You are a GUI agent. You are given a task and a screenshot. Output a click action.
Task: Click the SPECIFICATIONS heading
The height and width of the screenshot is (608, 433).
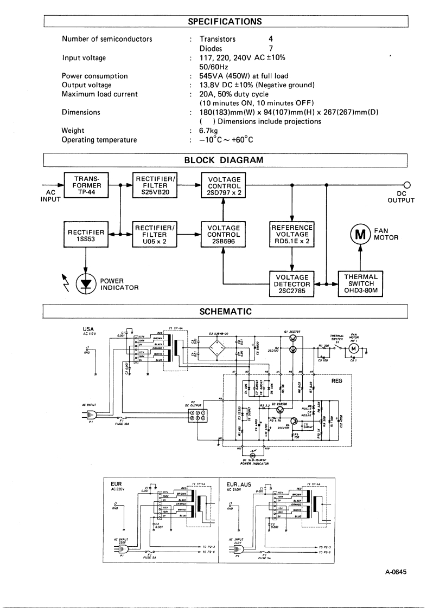pyautogui.click(x=225, y=22)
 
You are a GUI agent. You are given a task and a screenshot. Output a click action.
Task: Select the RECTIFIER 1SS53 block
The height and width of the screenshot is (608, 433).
pyautogui.click(x=86, y=235)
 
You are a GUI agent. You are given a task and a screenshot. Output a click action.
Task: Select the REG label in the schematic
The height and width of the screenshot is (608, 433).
pyautogui.click(x=337, y=381)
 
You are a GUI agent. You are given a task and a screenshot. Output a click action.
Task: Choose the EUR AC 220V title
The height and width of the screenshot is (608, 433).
pyautogui.click(x=119, y=470)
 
